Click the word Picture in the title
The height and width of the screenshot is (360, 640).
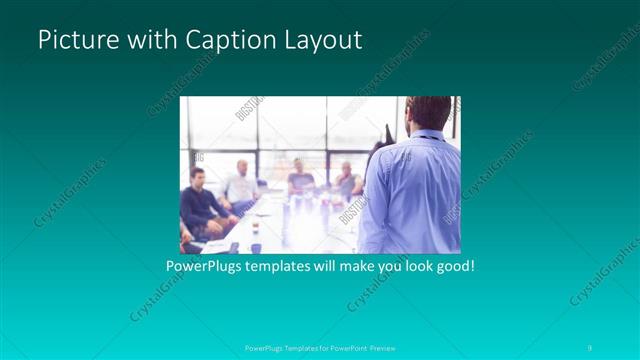73,40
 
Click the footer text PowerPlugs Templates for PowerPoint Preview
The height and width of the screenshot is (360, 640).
320,348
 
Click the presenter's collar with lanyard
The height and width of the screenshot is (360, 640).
428,135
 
